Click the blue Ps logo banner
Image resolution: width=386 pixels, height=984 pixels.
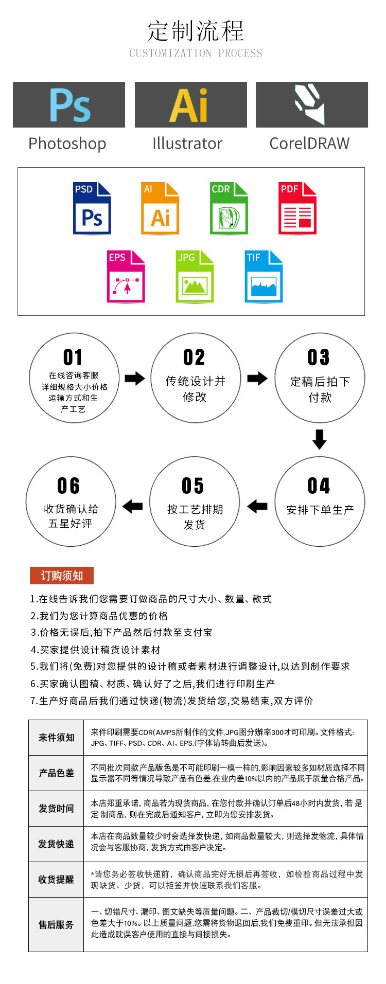tap(69, 104)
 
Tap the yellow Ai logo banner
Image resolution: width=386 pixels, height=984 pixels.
tap(190, 104)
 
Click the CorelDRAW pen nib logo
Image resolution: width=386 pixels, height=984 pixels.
tap(311, 104)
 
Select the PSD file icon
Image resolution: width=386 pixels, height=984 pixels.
tap(92, 208)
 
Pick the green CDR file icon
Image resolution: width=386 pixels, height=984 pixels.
tap(229, 208)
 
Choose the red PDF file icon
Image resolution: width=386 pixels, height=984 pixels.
tap(297, 208)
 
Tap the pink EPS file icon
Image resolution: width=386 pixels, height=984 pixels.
tap(126, 277)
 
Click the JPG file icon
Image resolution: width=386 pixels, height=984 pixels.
tap(195, 277)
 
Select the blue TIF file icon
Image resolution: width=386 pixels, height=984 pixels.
tap(264, 277)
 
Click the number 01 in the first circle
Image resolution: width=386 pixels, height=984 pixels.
tap(73, 357)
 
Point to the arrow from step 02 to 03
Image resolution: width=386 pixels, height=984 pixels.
tap(257, 379)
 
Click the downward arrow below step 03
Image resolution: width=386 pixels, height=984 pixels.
tap(320, 439)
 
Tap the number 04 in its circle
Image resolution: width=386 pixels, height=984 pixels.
tap(319, 486)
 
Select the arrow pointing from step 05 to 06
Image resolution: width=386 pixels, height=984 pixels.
tap(133, 506)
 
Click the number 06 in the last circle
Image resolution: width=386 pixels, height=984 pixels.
tap(68, 486)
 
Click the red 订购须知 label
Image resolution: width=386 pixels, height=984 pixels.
tap(62, 576)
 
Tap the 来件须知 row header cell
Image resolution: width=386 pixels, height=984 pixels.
tap(56, 737)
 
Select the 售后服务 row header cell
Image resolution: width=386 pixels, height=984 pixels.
tap(56, 924)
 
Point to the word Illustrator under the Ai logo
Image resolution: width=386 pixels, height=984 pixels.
tap(187, 144)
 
